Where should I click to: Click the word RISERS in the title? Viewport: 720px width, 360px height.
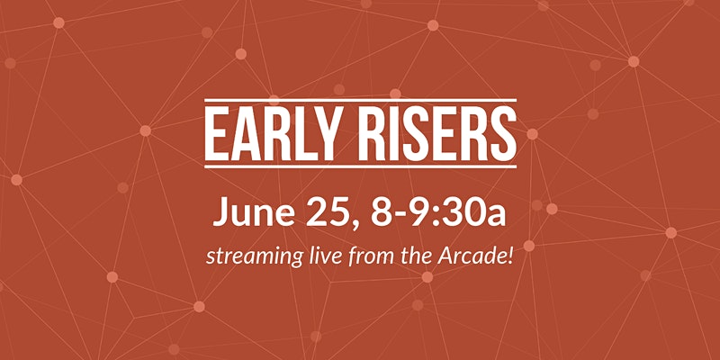[x=437, y=133]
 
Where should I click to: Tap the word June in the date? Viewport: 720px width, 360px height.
[x=254, y=211]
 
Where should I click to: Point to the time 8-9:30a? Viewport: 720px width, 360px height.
[x=438, y=211]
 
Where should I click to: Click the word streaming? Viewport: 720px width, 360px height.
[x=254, y=257]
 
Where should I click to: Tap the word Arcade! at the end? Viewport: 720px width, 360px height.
[x=481, y=256]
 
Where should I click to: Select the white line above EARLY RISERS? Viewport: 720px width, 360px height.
[x=361, y=101]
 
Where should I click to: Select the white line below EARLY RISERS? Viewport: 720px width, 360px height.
[x=361, y=166]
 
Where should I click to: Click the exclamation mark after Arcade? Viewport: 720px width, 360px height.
[x=510, y=256]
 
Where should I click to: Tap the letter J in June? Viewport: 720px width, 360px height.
[x=220, y=212]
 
